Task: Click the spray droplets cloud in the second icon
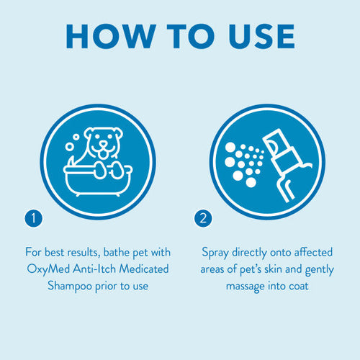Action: coord(246,158)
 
